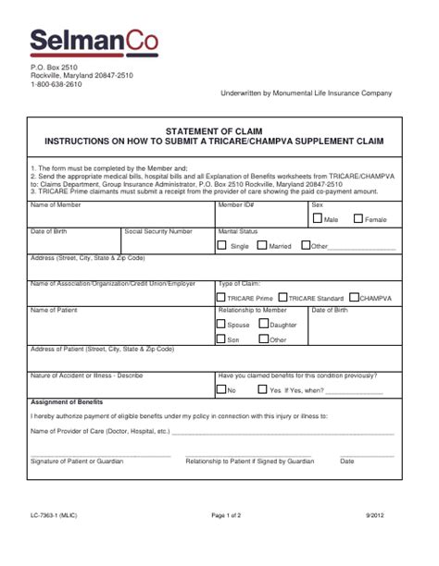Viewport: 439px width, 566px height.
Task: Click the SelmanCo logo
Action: [93, 41]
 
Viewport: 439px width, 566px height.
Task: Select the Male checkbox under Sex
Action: [318, 219]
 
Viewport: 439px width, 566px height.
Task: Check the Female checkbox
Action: [357, 219]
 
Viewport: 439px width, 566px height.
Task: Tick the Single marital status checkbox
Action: [221, 246]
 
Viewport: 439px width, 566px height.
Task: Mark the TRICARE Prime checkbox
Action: [220, 298]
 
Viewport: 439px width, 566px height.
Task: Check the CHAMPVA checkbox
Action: [354, 298]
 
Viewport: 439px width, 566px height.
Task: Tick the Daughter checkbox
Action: [262, 325]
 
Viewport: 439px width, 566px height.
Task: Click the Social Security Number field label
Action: [158, 231]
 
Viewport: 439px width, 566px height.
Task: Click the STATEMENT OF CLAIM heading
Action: [220, 131]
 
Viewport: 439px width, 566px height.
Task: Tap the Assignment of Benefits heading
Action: [67, 402]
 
